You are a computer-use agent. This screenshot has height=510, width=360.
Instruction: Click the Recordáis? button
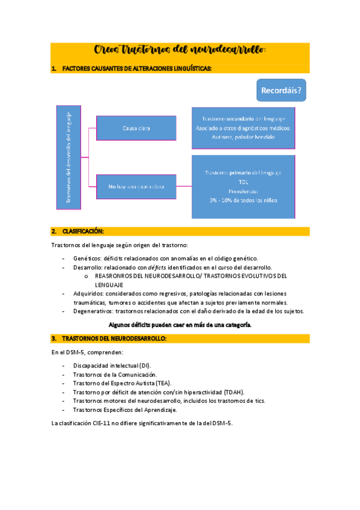tap(281, 91)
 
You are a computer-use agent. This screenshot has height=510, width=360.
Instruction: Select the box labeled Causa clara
tap(136, 128)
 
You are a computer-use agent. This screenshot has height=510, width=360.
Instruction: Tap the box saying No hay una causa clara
tap(136, 187)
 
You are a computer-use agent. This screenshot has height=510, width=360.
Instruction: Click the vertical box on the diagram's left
tap(68, 157)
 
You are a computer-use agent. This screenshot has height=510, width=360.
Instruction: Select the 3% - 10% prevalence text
tap(243, 200)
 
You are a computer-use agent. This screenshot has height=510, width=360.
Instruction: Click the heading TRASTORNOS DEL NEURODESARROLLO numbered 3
tap(114, 339)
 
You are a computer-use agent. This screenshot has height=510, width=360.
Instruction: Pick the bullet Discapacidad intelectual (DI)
tap(112, 366)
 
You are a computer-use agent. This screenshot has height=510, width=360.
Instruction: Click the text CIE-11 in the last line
tap(100, 423)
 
